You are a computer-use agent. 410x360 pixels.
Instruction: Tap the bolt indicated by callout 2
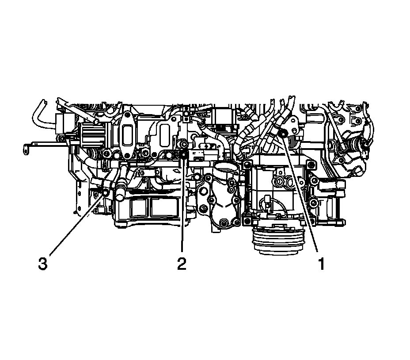click(x=184, y=155)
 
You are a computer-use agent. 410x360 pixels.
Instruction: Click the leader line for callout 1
click(x=301, y=193)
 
